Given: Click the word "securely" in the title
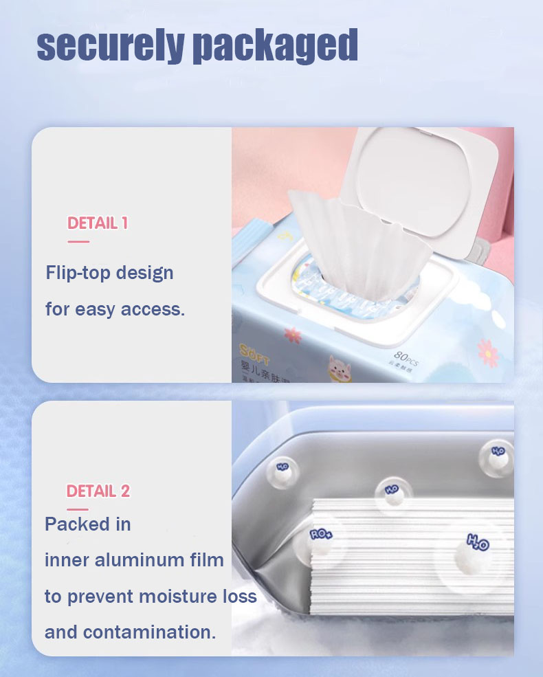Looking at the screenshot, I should pos(110,45).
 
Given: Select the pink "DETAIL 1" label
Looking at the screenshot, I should pos(98,223).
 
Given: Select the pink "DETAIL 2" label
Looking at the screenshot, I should pos(98,491).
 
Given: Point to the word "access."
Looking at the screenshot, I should pos(153,309).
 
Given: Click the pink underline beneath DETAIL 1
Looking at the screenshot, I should pos(78,241).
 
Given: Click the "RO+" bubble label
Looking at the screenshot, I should pos(320,533).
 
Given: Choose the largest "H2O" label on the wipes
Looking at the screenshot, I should pos(478,542).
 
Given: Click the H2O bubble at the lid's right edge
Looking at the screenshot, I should pos(498,451).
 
